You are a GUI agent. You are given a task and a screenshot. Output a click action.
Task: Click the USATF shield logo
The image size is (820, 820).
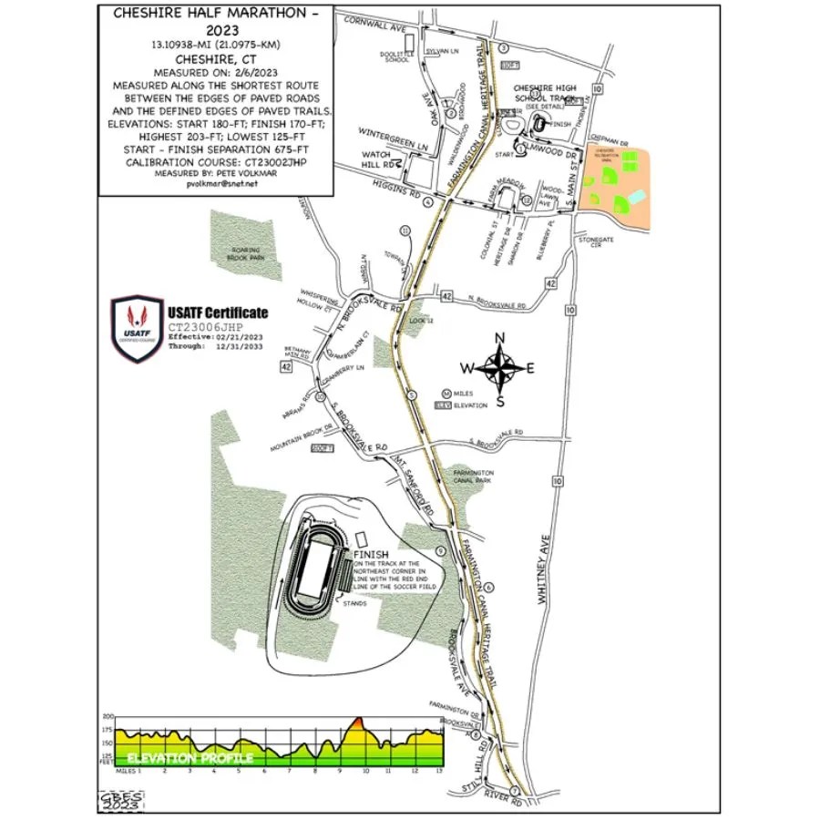pyautogui.click(x=138, y=329)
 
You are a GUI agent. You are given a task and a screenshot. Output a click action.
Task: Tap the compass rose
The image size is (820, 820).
pyautogui.click(x=499, y=369)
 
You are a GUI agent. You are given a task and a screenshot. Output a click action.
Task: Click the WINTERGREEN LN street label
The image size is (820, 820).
pyautogui.click(x=393, y=144)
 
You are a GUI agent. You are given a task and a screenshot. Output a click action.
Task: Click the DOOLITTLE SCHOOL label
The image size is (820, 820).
pyautogui.click(x=396, y=57)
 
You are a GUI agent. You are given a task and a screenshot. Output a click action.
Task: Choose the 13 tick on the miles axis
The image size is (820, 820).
pyautogui.click(x=439, y=770)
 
